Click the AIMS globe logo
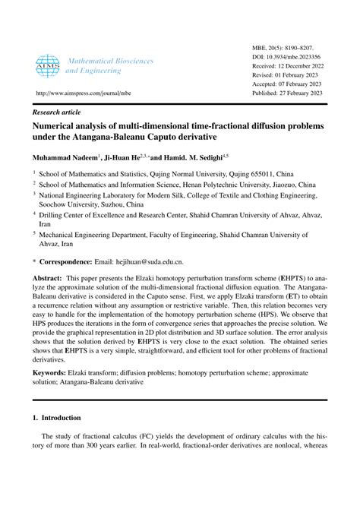coord(47,66)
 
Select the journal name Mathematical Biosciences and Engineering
coord(109,65)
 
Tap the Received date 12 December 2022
coord(313,68)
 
